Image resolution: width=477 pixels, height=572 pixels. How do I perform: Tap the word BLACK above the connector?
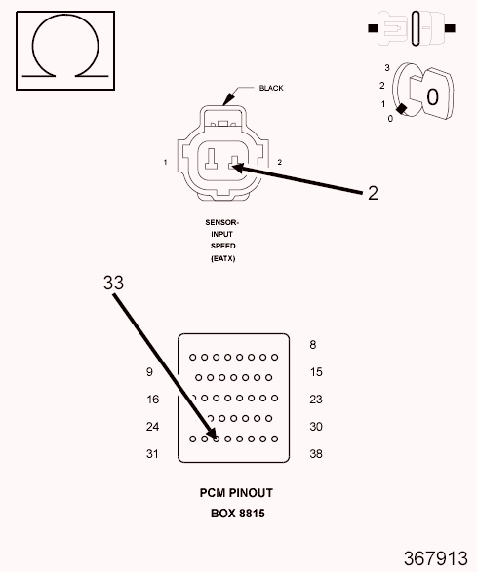pos(271,88)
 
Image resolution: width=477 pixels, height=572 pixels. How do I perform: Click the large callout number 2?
pos(373,193)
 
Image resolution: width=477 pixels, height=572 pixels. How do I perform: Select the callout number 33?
pos(113,283)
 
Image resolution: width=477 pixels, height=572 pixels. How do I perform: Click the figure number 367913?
pos(435,558)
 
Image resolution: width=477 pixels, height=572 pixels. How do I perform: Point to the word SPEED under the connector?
pos(222,246)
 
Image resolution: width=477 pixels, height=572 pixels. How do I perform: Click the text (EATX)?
pos(222,258)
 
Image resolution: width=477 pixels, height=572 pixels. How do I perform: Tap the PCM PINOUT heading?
pos(236,493)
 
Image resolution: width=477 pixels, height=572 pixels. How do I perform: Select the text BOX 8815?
pos(238,514)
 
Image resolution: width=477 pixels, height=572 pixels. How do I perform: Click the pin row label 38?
pos(316,454)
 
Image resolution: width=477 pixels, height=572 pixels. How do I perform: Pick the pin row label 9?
pos(149,371)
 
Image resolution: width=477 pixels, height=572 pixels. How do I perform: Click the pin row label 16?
pos(153,400)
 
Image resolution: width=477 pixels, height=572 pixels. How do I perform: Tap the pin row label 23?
pos(316,400)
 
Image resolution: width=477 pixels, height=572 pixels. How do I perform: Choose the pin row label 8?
pos(313,344)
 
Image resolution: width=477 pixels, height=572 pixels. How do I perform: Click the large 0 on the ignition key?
pos(432,97)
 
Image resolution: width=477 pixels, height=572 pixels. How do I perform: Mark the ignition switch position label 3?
pos(387,67)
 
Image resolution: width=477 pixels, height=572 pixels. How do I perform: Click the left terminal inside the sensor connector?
pos(211,159)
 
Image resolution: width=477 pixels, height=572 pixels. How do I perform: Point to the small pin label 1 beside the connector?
pos(166,162)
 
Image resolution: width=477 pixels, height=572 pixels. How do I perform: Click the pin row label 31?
pos(152,454)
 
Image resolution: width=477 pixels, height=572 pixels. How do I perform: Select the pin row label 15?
pos(316,371)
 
